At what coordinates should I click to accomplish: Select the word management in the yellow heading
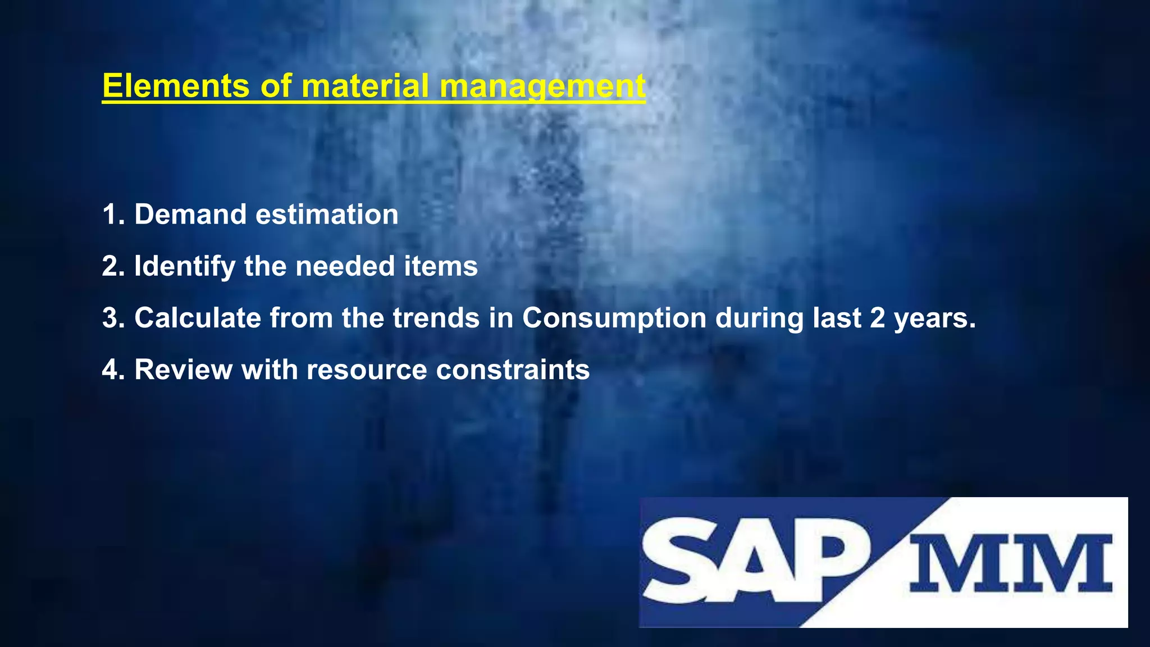pyautogui.click(x=542, y=87)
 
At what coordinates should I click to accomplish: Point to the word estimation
pyautogui.click(x=327, y=215)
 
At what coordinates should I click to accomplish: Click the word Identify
pyautogui.click(x=185, y=267)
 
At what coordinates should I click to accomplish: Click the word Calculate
pyautogui.click(x=198, y=318)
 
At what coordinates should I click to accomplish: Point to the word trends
pyautogui.click(x=436, y=318)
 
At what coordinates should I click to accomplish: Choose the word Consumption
pyautogui.click(x=614, y=318)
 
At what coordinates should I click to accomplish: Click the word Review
pyautogui.click(x=183, y=370)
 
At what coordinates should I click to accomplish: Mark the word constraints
pyautogui.click(x=513, y=370)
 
